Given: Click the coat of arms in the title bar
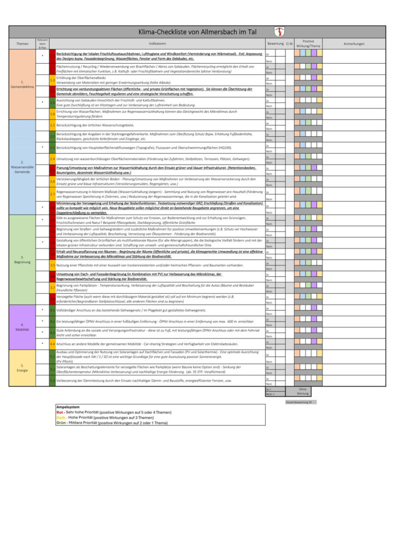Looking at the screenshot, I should (279, 32).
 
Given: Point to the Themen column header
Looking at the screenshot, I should (22, 44).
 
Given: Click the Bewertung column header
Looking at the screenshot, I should (276, 44).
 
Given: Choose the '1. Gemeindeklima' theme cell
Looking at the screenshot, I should (22, 84).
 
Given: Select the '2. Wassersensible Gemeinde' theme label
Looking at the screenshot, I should (22, 166).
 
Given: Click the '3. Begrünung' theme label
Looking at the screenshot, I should (22, 259).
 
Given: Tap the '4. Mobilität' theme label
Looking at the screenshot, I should (22, 327).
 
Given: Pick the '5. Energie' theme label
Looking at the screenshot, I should (22, 368).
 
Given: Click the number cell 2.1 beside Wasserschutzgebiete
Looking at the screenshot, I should (52, 125).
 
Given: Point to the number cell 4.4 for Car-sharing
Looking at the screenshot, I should (52, 344).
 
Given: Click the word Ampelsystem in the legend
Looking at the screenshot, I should (69, 407).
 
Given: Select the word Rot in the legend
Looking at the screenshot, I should (59, 413).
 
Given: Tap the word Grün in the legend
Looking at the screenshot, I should (61, 422).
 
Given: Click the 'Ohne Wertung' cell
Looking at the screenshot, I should (303, 391).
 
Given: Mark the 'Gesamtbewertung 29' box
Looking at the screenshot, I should (298, 402).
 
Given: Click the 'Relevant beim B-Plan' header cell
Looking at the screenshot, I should (43, 44).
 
